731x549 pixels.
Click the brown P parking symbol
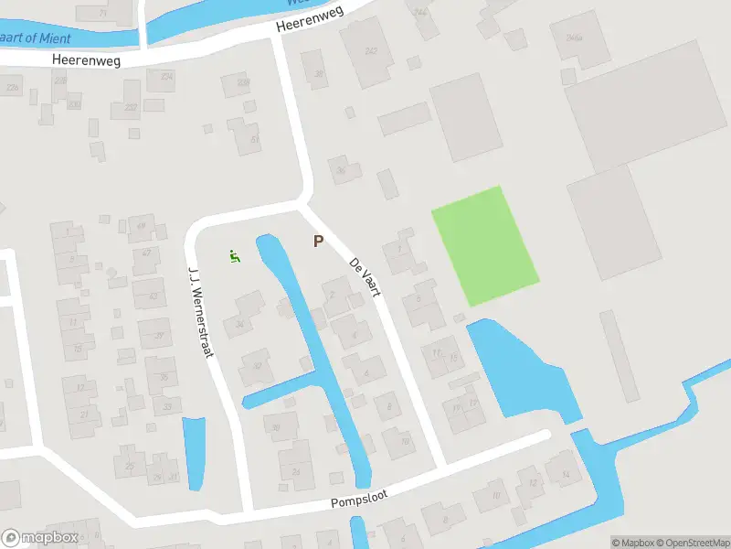tap(318, 242)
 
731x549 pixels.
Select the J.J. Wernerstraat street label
tap(200, 310)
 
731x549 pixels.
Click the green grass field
tap(484, 245)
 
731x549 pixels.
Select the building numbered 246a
tap(575, 38)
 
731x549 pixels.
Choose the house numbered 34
tap(240, 322)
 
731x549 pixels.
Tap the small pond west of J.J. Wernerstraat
tap(195, 450)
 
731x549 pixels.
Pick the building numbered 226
tap(13, 88)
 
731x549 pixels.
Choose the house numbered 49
tap(142, 226)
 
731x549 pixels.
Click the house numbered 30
tap(274, 425)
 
